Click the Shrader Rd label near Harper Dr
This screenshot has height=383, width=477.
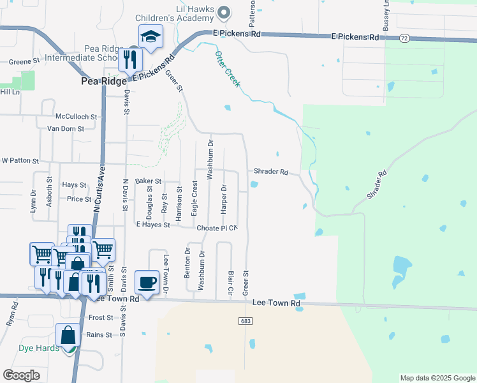tap(271, 172)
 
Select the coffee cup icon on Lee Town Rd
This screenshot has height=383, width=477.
tap(147, 282)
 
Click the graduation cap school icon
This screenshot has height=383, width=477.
tap(150, 37)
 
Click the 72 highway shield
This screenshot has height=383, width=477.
tap(404, 38)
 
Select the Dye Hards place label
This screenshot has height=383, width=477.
tap(38, 349)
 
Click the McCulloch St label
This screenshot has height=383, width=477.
tap(76, 117)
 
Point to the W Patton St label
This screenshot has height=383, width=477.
tap(20, 161)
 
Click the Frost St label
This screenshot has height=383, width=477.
tap(101, 317)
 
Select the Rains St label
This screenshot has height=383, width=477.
tap(99, 334)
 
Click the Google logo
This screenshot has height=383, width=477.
tap(22, 375)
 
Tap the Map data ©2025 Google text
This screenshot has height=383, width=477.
tap(437, 378)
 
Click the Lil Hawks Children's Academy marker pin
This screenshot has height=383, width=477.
tap(223, 12)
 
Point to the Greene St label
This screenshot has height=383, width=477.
tap(24, 63)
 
